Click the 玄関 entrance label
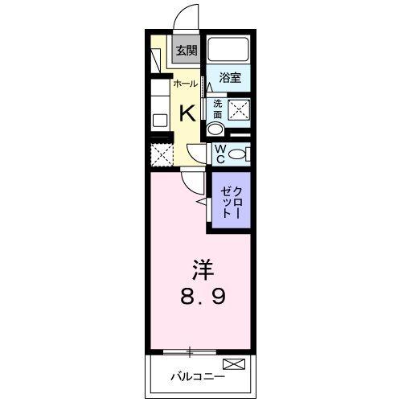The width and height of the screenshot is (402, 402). tap(186, 51)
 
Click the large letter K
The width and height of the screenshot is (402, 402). tap(186, 111)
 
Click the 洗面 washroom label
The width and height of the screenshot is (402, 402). tap(217, 108)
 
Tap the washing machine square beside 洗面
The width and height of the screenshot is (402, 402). tap(239, 110)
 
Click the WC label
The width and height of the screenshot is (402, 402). tap(219, 154)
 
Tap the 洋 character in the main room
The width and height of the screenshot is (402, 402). tap(202, 267)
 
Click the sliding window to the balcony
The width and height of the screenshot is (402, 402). tap(190, 351)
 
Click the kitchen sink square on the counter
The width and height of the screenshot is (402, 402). tap(158, 121)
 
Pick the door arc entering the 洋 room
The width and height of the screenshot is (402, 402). tap(189, 181)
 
